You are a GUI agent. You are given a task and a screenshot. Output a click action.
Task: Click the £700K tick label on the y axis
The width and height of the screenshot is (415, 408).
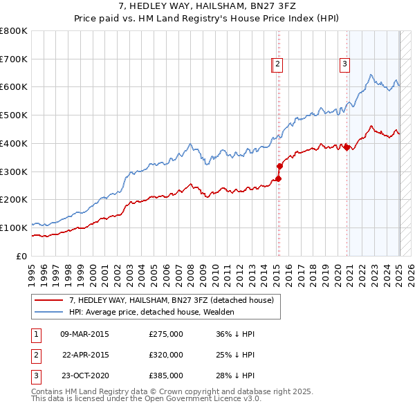[14, 59]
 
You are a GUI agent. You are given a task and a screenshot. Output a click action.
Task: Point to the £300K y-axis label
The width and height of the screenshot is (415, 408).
[14, 171]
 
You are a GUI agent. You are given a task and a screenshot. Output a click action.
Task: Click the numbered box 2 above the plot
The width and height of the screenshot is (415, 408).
[277, 65]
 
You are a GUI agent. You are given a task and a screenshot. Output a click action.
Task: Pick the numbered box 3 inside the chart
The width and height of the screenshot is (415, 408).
[344, 65]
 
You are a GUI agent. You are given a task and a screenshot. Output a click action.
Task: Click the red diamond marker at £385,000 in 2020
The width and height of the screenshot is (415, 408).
[347, 147]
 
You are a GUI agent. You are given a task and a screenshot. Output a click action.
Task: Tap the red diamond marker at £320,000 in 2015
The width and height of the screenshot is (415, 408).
[280, 166]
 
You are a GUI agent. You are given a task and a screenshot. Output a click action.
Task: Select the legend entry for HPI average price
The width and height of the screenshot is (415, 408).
[151, 312]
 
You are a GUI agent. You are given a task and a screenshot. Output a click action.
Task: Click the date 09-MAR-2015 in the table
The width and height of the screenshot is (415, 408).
[85, 334]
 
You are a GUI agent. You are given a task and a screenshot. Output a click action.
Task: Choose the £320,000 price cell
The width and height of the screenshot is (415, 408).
[166, 355]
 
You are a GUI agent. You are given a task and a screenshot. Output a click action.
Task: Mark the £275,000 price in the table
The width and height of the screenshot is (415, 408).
[166, 334]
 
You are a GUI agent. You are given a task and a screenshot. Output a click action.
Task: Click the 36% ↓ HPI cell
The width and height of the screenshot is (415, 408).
[235, 334]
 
